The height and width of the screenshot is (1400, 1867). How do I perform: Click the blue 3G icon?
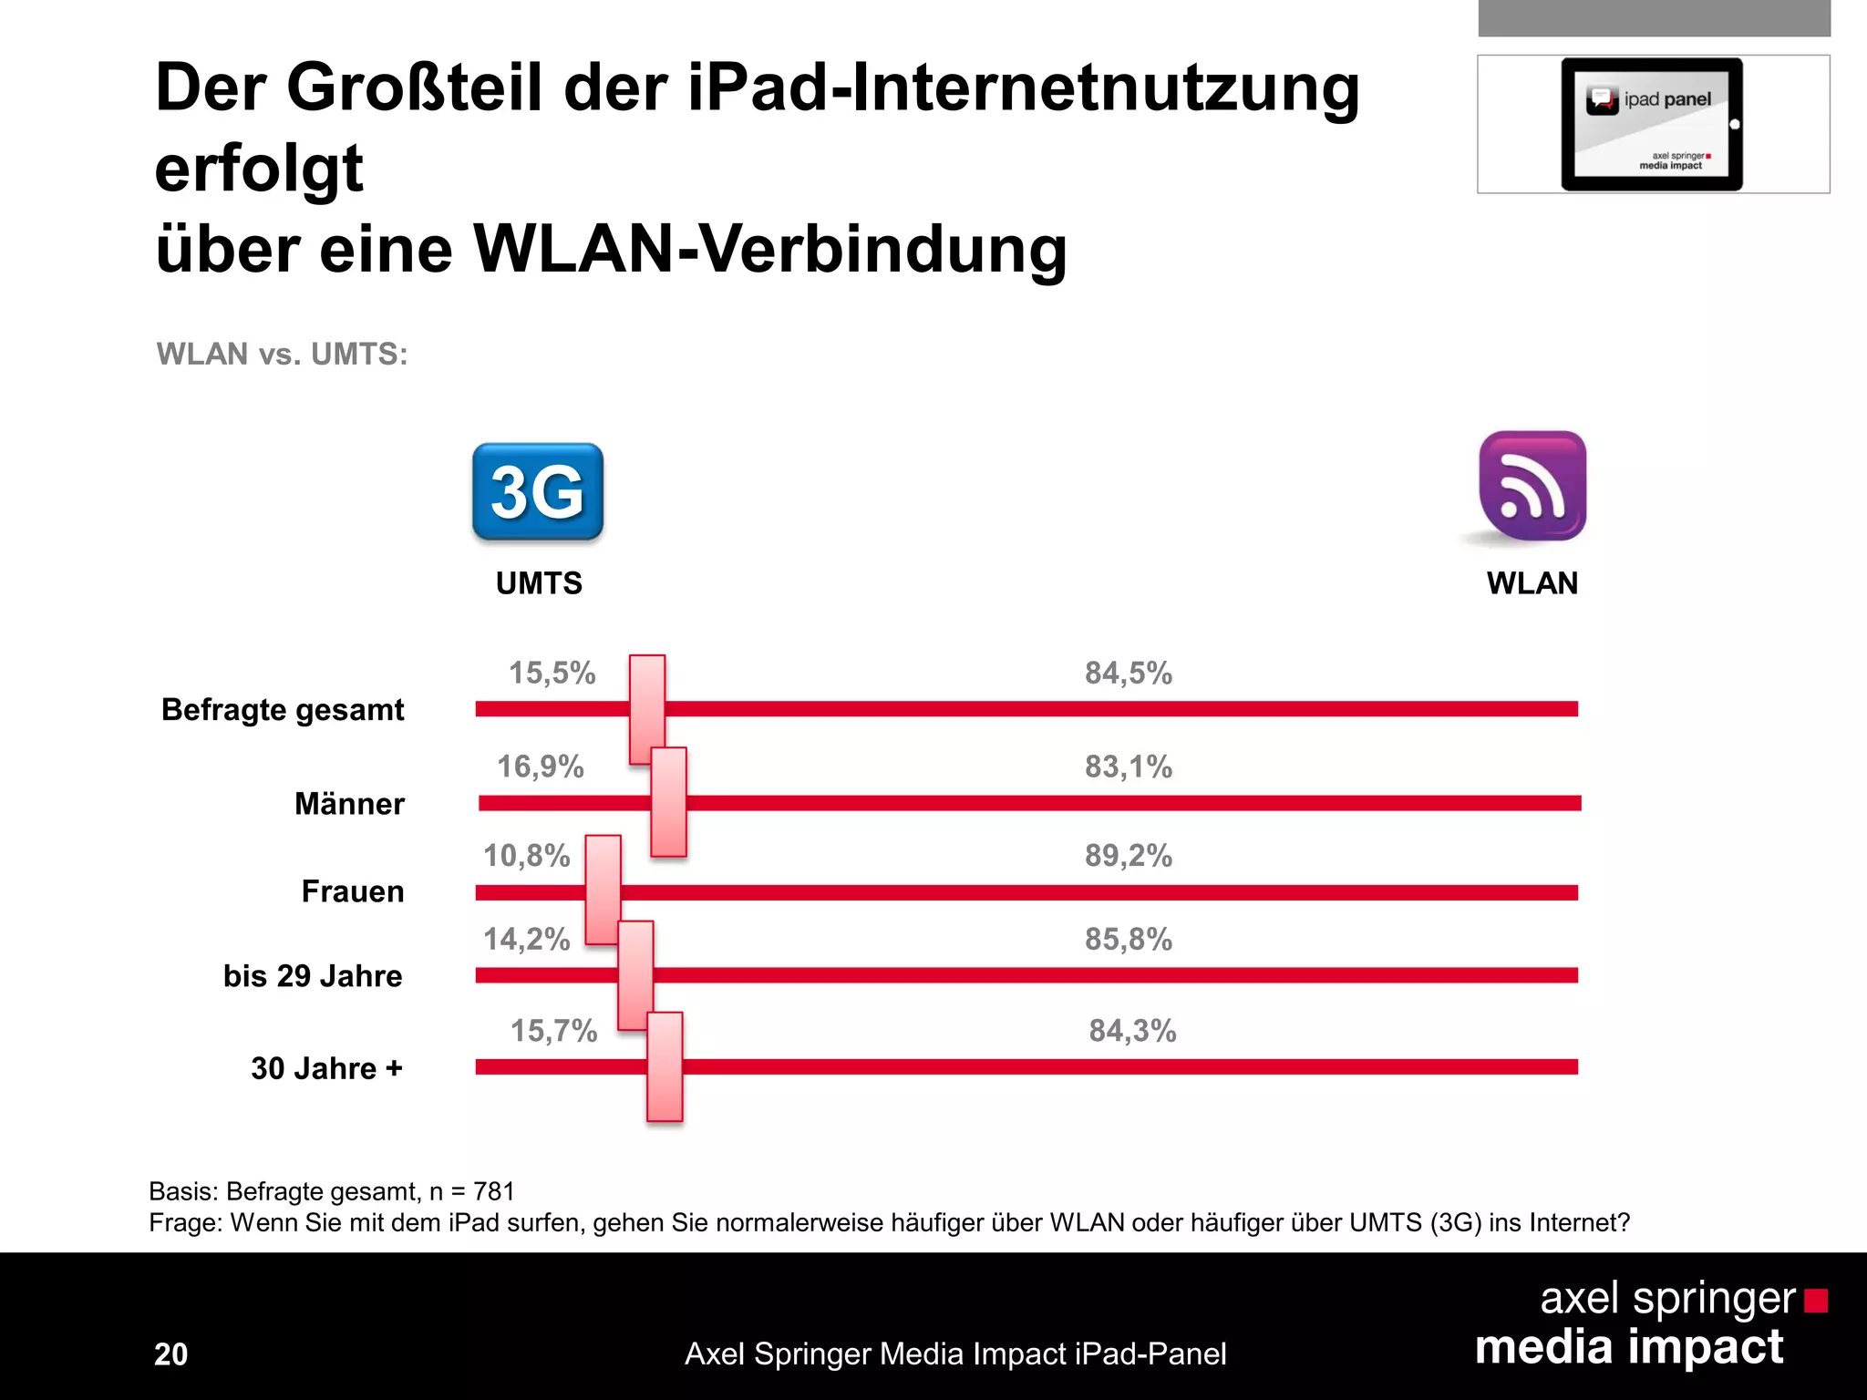(538, 492)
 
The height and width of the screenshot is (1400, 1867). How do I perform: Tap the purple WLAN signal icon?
(1532, 486)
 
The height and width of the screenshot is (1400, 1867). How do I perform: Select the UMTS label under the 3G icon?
(539, 583)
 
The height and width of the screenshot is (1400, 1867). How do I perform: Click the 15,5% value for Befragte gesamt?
(552, 674)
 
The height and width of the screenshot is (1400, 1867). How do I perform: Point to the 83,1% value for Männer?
(1128, 767)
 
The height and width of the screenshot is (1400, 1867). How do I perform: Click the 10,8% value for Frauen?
(526, 856)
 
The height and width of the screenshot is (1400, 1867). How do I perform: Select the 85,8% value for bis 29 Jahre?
(1128, 940)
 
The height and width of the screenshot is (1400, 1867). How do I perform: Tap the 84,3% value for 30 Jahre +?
(1132, 1031)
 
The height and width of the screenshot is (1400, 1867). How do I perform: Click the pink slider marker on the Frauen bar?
(603, 890)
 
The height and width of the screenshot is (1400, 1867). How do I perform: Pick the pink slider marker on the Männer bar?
(668, 802)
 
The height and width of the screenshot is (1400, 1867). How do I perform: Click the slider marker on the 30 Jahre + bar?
(665, 1066)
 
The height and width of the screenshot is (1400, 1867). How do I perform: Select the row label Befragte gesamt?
(283, 710)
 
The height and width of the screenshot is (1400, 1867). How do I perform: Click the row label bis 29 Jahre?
(313, 976)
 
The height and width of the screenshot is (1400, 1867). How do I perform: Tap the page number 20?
(170, 1354)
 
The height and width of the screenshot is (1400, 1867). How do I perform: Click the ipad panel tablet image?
(1652, 124)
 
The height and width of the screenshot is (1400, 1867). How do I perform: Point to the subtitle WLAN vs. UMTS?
(282, 354)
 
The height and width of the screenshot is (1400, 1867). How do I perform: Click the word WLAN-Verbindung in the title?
(770, 249)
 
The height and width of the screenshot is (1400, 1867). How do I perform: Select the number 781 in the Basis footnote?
(494, 1191)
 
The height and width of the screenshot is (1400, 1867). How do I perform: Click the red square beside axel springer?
(1815, 1301)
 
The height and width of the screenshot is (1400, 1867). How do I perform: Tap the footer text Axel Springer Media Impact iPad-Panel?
(954, 1354)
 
